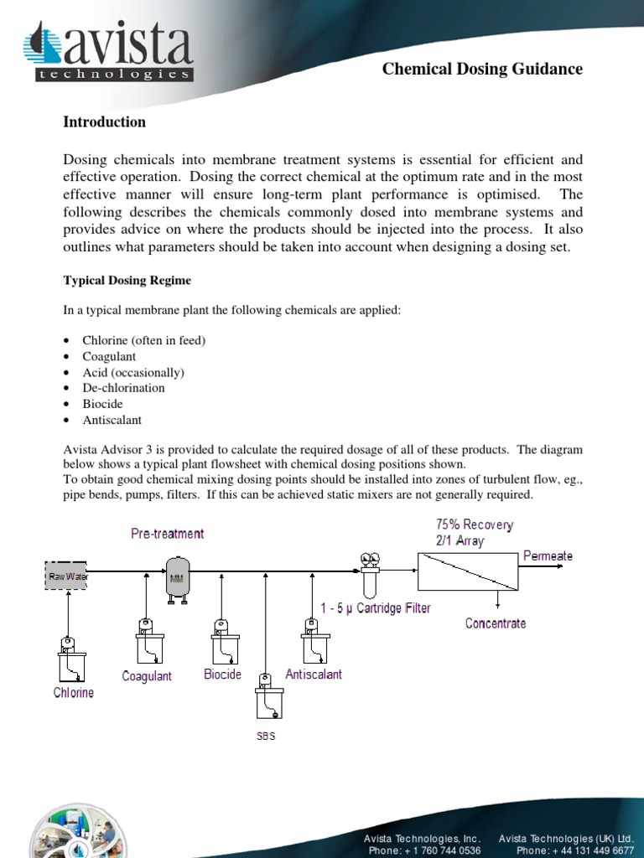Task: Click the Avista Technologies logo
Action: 109,52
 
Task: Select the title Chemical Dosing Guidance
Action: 482,70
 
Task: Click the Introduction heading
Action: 104,122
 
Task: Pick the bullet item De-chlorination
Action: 123,388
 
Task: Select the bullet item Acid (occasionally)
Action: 132,372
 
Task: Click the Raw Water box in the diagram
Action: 66,576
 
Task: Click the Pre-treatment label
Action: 167,534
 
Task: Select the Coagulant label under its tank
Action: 147,676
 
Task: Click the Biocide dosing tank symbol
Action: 221,641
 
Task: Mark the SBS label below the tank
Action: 266,737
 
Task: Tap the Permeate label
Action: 548,556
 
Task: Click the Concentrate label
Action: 496,623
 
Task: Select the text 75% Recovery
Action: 475,525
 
